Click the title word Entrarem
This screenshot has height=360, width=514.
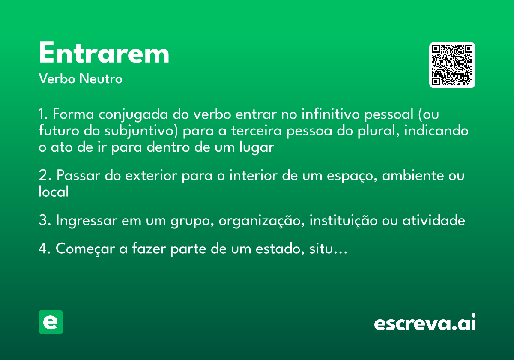pos(104,54)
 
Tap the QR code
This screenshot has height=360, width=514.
pos(452,65)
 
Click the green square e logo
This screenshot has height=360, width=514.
pos(51,322)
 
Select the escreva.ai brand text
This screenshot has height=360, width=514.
pos(425,323)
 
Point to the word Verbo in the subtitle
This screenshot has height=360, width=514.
pos(57,79)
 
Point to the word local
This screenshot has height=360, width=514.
pos(54,192)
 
